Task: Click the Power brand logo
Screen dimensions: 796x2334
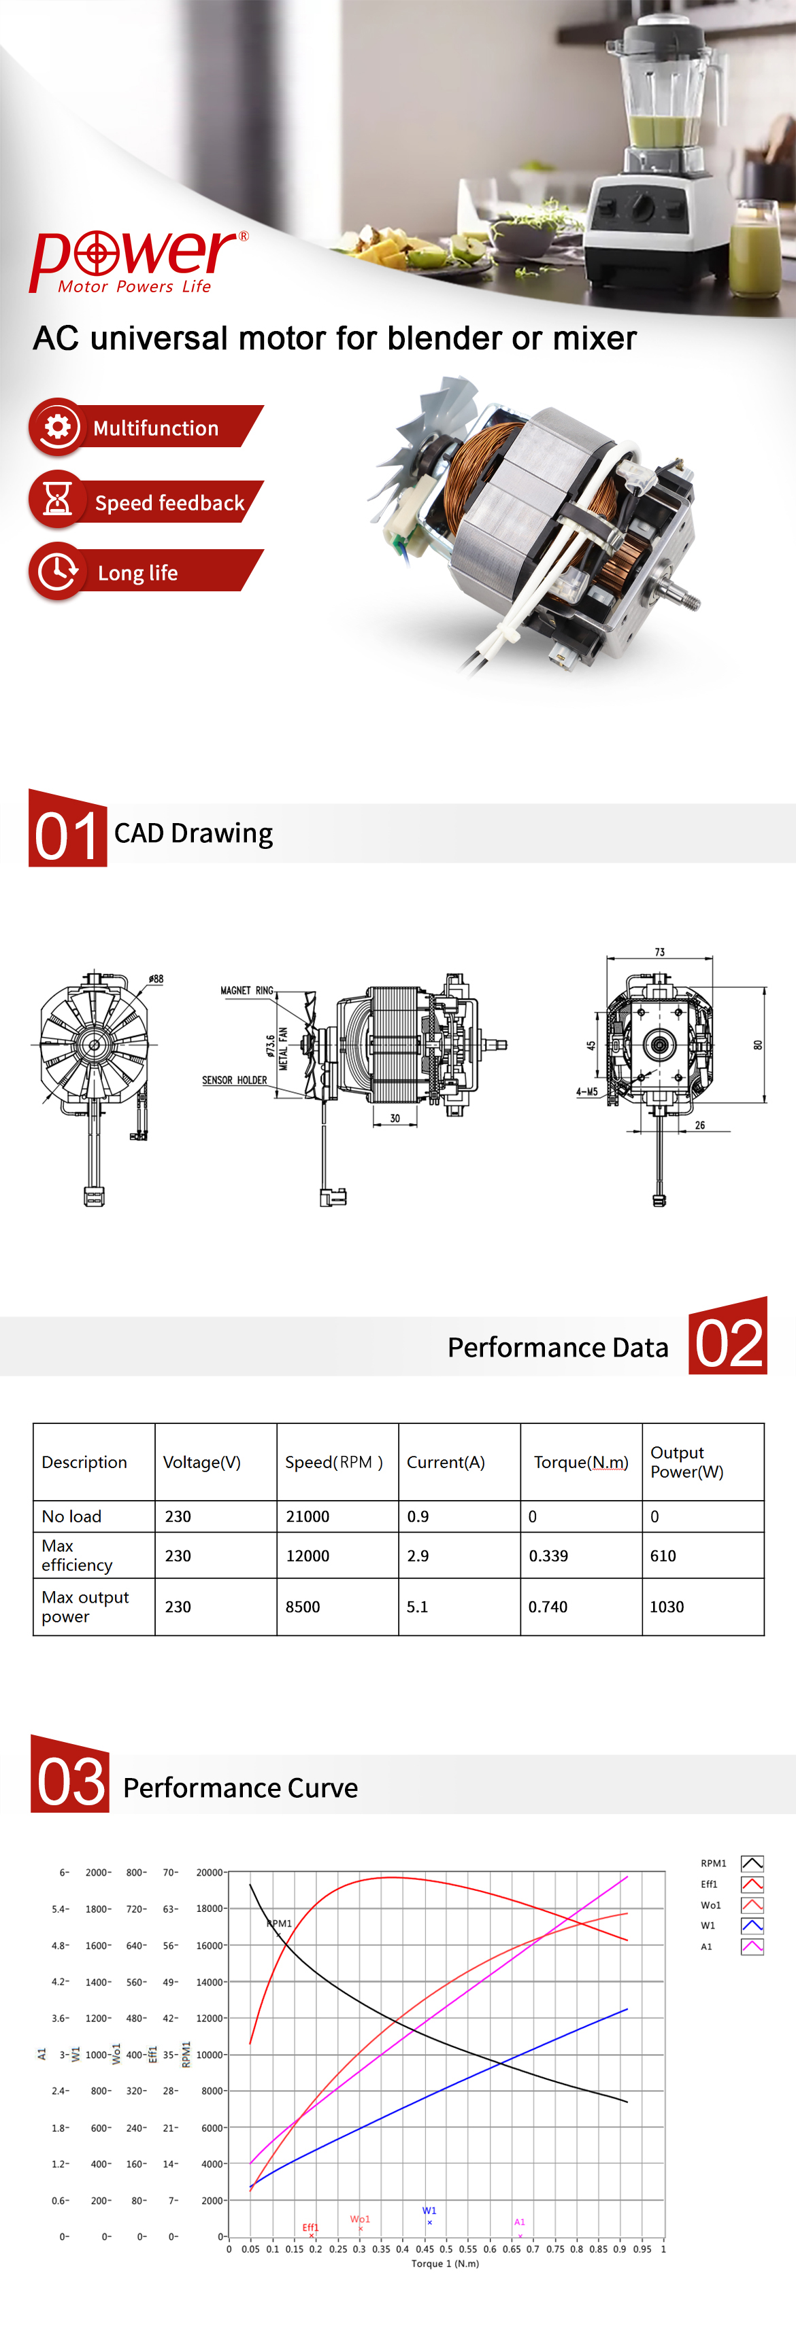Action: tap(139, 261)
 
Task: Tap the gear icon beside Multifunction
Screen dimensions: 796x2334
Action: tap(57, 427)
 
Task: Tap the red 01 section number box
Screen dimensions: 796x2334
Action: tap(67, 828)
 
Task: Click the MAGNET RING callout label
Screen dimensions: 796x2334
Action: tap(246, 990)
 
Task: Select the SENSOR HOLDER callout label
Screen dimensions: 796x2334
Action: tap(234, 1080)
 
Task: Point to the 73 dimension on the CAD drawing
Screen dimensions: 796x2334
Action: tap(659, 952)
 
